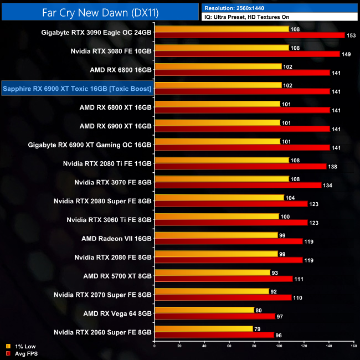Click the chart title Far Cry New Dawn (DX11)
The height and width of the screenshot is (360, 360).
(100, 11)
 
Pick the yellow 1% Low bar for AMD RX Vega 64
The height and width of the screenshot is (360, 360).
(204, 310)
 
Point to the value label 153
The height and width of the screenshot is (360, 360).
(351, 35)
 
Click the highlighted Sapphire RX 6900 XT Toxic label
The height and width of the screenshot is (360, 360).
(77, 88)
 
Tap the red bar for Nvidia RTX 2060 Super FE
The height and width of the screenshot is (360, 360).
(214, 335)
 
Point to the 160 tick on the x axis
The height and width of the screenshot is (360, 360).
(353, 347)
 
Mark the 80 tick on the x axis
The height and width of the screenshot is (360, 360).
(254, 347)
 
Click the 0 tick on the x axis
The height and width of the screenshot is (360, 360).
(155, 347)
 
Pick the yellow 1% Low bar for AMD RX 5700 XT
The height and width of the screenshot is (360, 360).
(212, 272)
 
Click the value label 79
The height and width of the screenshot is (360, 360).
(258, 329)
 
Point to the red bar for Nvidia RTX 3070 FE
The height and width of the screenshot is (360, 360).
(238, 185)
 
